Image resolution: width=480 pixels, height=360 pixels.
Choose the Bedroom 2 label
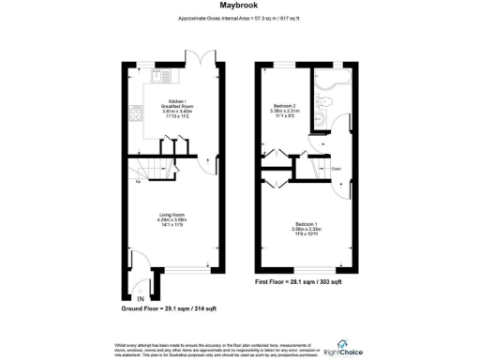285,110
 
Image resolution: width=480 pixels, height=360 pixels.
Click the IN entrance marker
129,298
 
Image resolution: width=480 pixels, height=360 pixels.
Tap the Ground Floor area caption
166,308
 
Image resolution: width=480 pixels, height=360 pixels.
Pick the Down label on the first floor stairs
336,169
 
